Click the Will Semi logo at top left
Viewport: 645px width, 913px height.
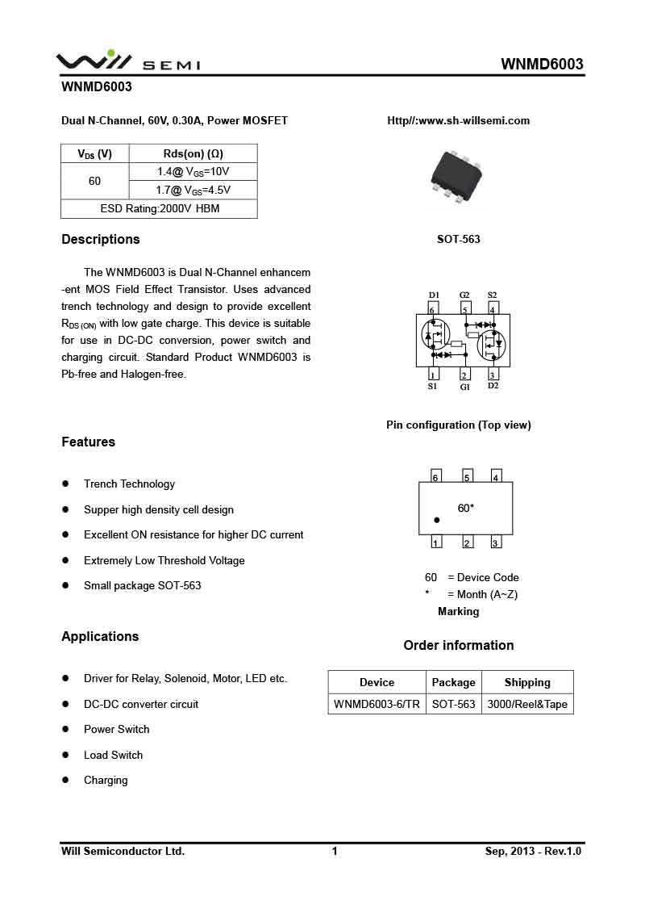tap(127, 61)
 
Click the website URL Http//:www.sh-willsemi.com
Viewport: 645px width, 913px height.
tap(458, 121)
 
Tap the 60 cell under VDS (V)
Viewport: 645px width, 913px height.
tap(94, 182)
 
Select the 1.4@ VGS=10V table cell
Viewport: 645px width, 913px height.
tap(193, 172)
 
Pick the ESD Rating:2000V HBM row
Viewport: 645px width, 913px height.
tap(160, 209)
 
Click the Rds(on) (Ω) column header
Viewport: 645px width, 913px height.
tap(193, 153)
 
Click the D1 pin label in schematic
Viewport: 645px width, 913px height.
tap(434, 295)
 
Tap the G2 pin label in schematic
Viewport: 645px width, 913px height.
tap(464, 295)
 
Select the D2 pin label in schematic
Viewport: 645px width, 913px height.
tap(493, 386)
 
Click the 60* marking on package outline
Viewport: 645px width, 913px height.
tap(465, 509)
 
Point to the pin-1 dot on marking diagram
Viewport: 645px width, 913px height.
tap(436, 521)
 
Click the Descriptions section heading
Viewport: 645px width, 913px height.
tap(101, 240)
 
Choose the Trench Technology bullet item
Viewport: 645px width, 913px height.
tap(129, 484)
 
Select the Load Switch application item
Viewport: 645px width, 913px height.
tap(113, 756)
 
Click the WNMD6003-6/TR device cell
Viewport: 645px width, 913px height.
tap(377, 705)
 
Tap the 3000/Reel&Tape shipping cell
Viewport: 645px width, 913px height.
tap(527, 705)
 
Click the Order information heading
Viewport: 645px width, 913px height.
tap(458, 646)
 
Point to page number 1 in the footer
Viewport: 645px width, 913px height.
tap(335, 852)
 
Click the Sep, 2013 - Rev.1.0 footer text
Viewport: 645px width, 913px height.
tap(533, 852)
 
